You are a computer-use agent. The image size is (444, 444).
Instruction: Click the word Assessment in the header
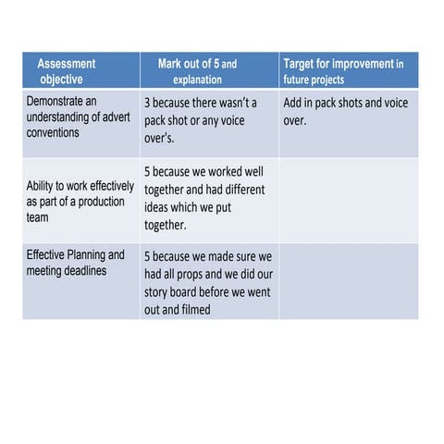point(66,64)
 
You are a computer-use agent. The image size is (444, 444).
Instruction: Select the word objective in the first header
point(61,80)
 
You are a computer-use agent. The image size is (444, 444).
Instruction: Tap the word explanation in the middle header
point(197,80)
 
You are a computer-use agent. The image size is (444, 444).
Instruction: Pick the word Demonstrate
point(63,99)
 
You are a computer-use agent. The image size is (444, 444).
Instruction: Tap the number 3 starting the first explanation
point(148,103)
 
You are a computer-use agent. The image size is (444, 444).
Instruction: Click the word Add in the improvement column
point(295,103)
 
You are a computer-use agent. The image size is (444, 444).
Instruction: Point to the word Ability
point(43,186)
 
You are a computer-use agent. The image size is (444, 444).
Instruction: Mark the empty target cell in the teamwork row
point(348,201)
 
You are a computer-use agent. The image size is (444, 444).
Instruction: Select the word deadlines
point(104,270)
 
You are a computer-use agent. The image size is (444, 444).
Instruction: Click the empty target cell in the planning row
point(348,281)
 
